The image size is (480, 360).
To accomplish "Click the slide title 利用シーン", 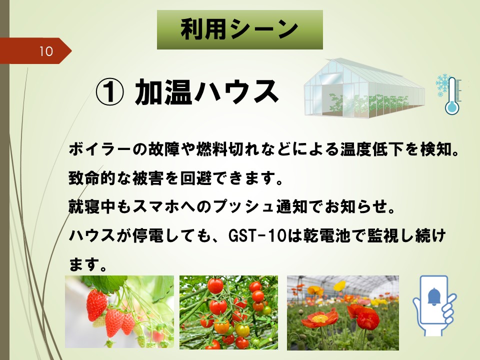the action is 239,29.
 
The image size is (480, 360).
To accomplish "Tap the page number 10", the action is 46,51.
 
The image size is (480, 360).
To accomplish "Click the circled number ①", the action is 110,91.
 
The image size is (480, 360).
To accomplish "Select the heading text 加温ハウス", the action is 207,91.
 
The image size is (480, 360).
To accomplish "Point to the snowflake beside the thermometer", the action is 441,85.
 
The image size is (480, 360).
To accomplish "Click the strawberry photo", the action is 119,311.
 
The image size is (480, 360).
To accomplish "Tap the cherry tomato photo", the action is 228,312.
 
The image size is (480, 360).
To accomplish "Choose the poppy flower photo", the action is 343,313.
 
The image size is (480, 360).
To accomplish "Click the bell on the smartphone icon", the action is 434,297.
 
